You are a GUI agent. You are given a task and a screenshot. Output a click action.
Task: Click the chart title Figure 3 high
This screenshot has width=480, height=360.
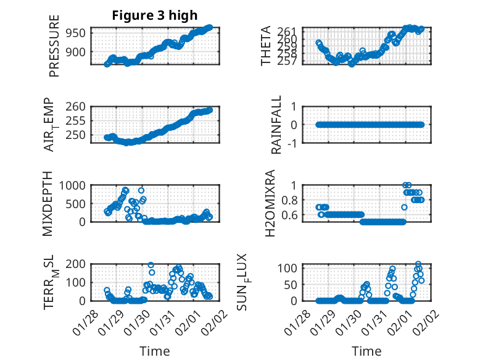[x=155, y=16]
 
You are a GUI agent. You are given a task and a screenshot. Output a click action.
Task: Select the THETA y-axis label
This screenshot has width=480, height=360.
[x=267, y=46]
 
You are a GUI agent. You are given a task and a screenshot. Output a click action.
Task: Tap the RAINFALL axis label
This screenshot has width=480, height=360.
[x=277, y=124]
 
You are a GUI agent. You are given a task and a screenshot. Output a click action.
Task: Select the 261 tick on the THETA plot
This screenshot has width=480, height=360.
[x=292, y=31]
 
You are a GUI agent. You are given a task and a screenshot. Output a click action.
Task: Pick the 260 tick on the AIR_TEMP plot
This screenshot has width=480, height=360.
[x=79, y=106]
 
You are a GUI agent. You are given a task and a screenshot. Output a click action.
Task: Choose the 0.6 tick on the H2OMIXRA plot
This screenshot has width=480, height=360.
[x=293, y=215]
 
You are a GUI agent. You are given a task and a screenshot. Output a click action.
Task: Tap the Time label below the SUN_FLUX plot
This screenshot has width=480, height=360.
[x=366, y=351]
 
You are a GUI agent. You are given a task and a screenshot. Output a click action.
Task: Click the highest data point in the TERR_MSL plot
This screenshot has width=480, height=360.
[x=151, y=266]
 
